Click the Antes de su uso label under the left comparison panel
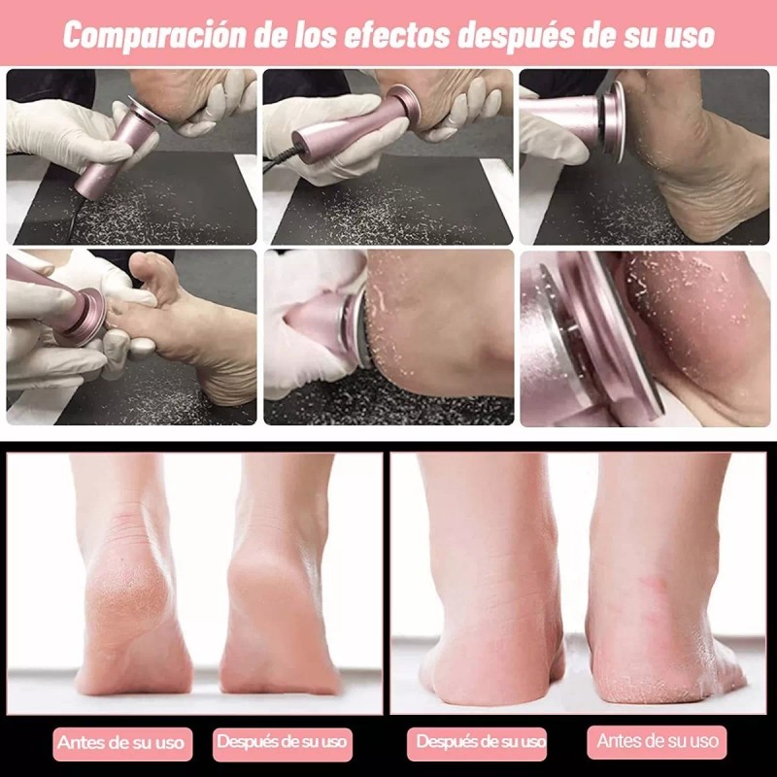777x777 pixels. click(120, 743)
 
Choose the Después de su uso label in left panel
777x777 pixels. click(282, 743)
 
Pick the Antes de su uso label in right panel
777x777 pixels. click(658, 741)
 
